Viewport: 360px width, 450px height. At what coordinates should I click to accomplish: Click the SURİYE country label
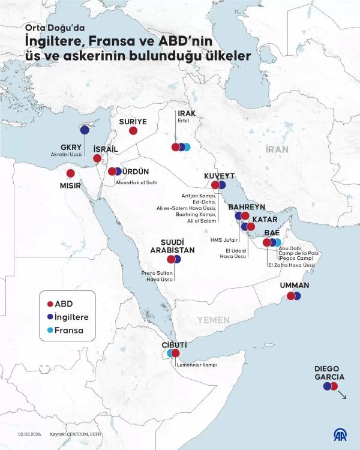click(x=133, y=121)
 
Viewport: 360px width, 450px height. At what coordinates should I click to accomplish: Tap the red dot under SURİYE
click(x=133, y=130)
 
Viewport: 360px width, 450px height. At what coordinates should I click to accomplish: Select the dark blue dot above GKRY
click(x=85, y=130)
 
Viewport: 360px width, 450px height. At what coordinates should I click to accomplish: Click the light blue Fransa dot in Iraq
click(x=187, y=147)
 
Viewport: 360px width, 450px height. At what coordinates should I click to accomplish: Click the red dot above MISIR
click(x=71, y=173)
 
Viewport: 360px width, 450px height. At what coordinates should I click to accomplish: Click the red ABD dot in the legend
click(x=50, y=304)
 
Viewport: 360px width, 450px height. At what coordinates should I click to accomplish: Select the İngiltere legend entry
click(x=67, y=317)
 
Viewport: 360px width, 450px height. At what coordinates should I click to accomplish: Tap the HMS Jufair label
click(x=223, y=239)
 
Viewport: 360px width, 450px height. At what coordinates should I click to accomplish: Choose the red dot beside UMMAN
click(x=291, y=296)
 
